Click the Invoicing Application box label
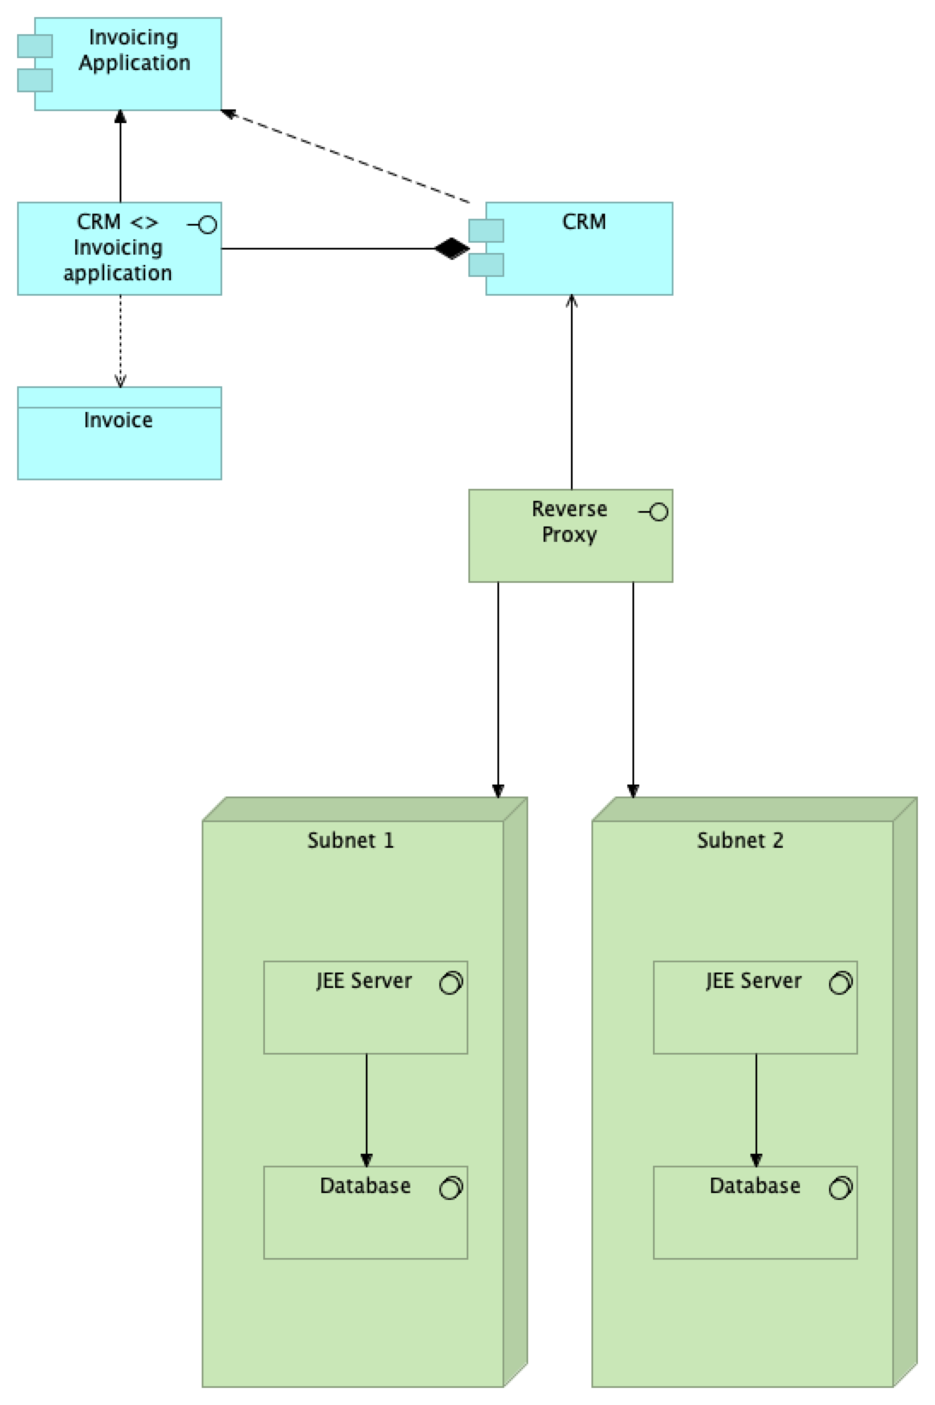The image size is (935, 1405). pyautogui.click(x=134, y=50)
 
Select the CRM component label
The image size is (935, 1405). pyautogui.click(x=584, y=222)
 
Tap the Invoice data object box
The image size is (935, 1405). pyautogui.click(x=120, y=441)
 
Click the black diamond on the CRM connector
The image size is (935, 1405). pyautogui.click(x=451, y=249)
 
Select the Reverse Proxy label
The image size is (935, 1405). pyautogui.click(x=568, y=521)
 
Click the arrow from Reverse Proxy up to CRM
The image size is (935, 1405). pyautogui.click(x=572, y=393)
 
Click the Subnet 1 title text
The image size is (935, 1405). pyautogui.click(x=350, y=841)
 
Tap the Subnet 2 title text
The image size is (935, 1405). pyautogui.click(x=740, y=841)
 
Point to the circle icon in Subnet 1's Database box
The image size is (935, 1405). pyautogui.click(x=450, y=1188)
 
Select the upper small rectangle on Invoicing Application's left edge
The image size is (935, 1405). pyautogui.click(x=35, y=46)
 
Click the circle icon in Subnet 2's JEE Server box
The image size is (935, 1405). pyautogui.click(x=840, y=983)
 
